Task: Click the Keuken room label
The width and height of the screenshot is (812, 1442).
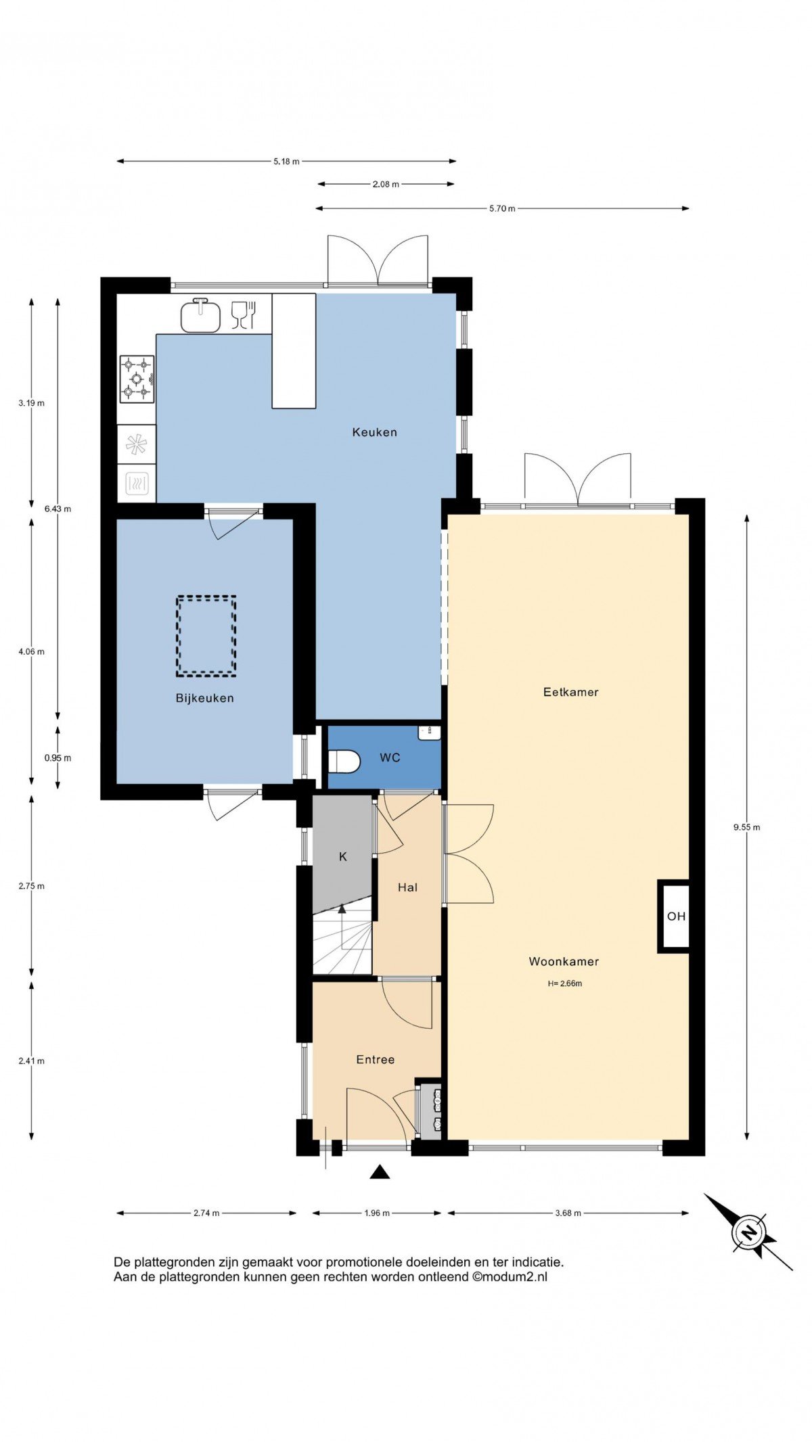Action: click(374, 432)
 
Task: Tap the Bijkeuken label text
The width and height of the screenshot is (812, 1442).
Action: click(204, 699)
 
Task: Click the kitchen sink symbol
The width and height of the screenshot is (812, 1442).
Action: click(201, 316)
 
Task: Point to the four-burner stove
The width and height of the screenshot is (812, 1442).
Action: click(137, 379)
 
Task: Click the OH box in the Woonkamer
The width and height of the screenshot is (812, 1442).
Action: click(674, 916)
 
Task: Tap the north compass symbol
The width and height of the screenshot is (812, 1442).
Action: click(748, 1232)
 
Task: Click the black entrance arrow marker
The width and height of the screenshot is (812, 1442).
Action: click(380, 1172)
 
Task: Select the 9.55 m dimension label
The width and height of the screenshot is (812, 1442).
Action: click(746, 827)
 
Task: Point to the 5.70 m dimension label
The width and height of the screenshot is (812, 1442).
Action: click(502, 208)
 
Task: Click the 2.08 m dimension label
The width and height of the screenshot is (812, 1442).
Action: click(386, 184)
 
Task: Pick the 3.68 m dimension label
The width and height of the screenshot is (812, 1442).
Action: click(568, 1213)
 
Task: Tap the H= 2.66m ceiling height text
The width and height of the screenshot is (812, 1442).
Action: click(565, 983)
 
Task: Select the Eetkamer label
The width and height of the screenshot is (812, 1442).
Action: click(571, 692)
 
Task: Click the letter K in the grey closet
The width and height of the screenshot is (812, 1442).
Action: click(343, 857)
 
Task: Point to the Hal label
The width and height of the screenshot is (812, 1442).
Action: click(407, 887)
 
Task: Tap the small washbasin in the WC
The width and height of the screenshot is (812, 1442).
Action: click(428, 731)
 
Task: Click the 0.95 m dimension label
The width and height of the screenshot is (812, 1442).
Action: click(58, 758)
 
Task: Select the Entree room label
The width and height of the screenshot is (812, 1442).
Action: click(376, 1060)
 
